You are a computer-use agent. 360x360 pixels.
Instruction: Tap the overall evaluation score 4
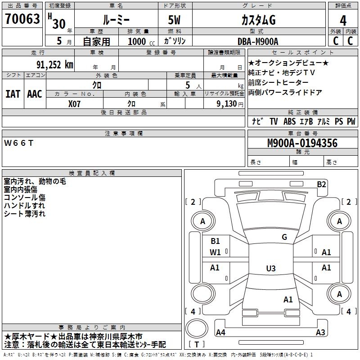[343, 21]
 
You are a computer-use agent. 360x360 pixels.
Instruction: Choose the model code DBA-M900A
[258, 41]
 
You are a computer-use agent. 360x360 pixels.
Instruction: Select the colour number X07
[75, 103]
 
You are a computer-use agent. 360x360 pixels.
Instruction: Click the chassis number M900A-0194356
[302, 144]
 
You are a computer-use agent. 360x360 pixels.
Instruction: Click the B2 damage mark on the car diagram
[321, 184]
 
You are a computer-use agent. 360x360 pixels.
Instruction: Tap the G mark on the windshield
[284, 237]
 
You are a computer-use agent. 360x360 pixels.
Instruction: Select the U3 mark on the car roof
[270, 269]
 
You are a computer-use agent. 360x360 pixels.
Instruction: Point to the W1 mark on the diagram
[215, 252]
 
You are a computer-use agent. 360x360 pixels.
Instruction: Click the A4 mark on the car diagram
[220, 333]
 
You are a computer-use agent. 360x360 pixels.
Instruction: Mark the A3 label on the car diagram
[320, 333]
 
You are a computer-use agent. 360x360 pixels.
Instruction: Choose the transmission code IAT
[13, 94]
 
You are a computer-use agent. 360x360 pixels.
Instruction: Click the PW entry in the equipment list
[351, 121]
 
